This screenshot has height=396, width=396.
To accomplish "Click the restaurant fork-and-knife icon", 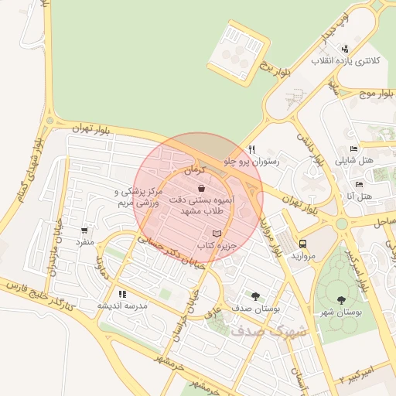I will coord(251,149).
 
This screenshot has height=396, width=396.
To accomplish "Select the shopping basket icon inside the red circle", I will coord(201,187).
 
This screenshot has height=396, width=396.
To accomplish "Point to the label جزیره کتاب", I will coord(217,245).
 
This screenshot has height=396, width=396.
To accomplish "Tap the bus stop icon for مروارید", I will coord(302,243).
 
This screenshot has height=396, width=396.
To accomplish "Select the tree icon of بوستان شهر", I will coord(342,300).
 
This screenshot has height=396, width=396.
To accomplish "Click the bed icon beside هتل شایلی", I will coord(353,149).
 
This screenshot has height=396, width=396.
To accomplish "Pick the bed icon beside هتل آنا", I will coord(359,184).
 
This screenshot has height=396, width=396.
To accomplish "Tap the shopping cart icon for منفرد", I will coord(84,230).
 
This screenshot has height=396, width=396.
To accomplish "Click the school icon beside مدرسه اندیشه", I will coord(121,294).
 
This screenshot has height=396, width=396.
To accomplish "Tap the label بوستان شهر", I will coord(341,312).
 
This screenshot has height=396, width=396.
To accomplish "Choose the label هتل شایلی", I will coord(353,162).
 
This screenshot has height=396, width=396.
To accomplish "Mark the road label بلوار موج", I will coord(376,94).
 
